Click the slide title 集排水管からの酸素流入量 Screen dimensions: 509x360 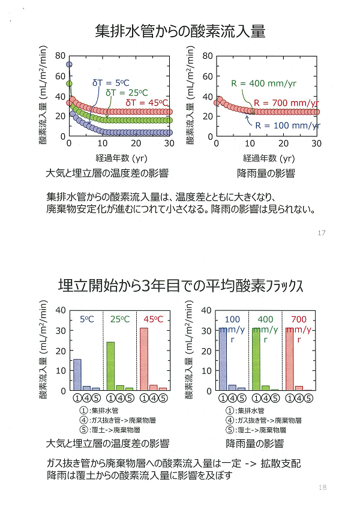[180, 31]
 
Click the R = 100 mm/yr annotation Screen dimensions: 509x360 [287, 127]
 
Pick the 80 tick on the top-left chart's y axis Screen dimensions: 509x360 [60, 56]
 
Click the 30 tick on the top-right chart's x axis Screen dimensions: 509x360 [317, 144]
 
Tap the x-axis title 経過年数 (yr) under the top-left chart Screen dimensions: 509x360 [119, 158]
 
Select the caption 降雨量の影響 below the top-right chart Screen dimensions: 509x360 [265, 173]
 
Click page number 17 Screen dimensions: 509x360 [321, 233]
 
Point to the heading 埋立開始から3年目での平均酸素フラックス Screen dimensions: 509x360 [180, 285]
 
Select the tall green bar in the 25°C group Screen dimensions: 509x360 [110, 366]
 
